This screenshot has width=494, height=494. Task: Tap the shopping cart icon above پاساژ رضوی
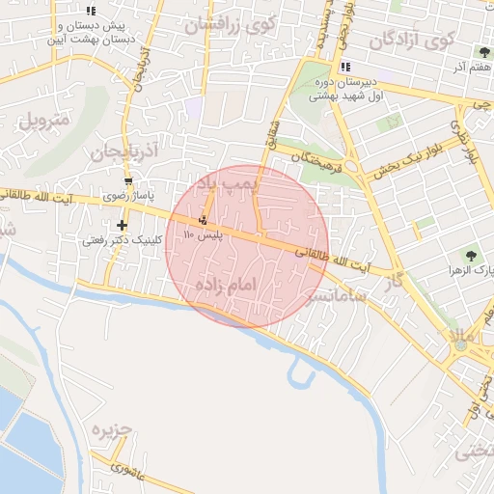click(x=128, y=180)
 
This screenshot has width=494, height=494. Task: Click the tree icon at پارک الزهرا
click(x=471, y=255)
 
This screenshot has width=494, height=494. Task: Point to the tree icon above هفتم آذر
click(x=482, y=52)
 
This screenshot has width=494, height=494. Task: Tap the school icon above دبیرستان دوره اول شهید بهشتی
click(x=344, y=67)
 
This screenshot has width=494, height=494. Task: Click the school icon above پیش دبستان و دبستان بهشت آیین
click(x=92, y=10)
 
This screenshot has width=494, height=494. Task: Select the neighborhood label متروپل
click(x=43, y=123)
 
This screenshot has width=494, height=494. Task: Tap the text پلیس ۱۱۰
click(x=209, y=234)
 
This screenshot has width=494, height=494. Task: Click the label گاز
click(x=392, y=283)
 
